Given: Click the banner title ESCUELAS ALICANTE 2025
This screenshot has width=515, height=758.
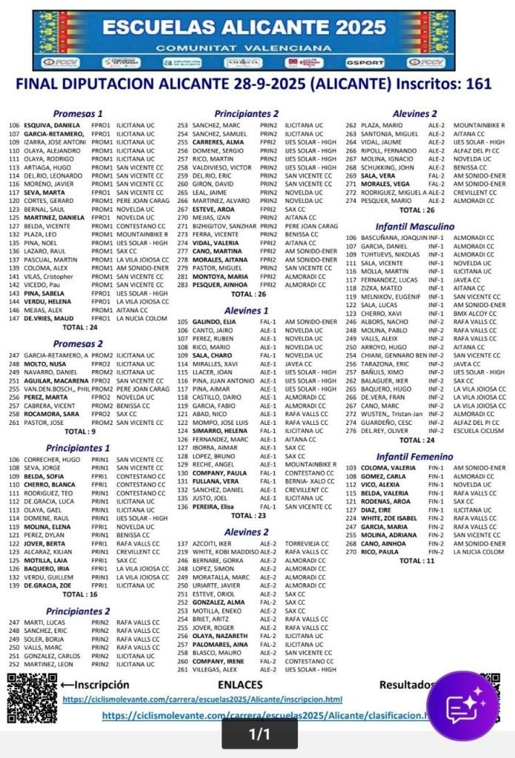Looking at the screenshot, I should tap(245, 28).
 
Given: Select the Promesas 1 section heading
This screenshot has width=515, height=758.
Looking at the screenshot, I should tap(78, 114).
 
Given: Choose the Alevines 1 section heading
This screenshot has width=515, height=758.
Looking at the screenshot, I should tap(246, 310).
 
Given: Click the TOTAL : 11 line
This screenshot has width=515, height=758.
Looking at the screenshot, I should tap(416, 560).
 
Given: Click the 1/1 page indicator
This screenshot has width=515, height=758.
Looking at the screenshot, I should tap(259, 734).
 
